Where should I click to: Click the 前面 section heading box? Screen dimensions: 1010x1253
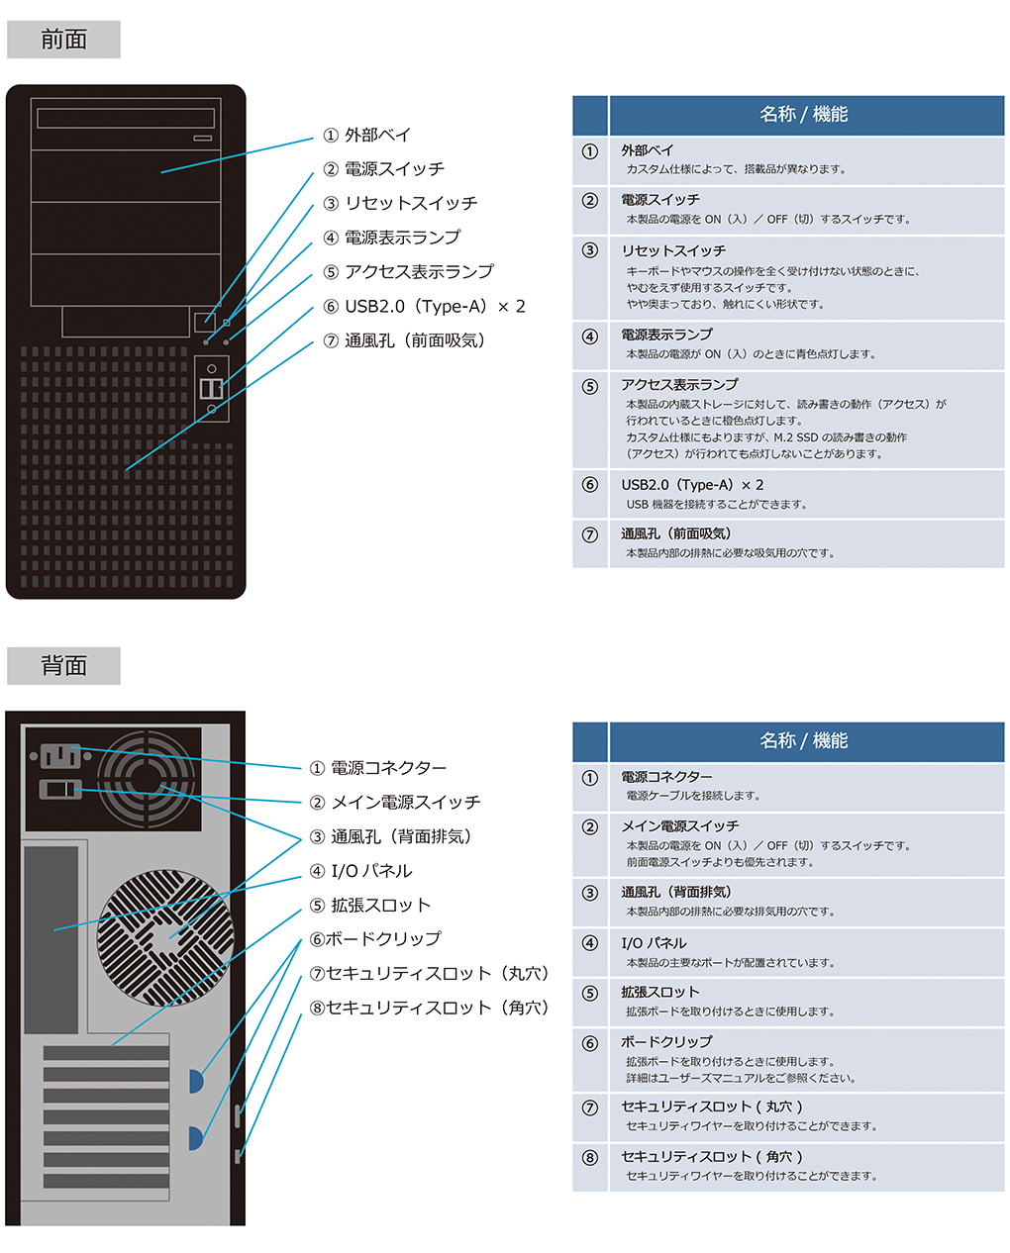point(63,40)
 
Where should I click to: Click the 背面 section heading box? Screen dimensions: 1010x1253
point(63,665)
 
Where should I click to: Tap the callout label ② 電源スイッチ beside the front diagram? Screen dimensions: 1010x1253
point(384,169)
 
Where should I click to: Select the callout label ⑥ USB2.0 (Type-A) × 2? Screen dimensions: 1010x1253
point(424,306)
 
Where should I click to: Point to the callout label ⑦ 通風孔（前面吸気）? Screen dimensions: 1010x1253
point(404,340)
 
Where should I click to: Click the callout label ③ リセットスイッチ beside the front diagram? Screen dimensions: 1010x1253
point(400,203)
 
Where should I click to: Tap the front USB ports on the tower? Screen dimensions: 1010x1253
point(211,388)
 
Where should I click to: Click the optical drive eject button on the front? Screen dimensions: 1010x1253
point(203,138)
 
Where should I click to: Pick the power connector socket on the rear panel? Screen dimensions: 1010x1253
point(60,756)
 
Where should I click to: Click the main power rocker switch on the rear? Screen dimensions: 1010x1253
point(60,790)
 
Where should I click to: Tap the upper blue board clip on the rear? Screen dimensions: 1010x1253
point(196,1081)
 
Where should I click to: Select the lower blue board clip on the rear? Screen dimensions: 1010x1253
point(196,1138)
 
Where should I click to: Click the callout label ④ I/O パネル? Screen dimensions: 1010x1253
point(360,871)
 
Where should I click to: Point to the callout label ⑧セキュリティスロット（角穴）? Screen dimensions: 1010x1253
point(430,1008)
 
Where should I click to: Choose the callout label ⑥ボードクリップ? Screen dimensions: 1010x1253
point(375,939)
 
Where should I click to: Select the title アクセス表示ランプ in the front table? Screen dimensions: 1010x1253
point(679,384)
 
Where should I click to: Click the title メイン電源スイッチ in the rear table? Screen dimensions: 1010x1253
point(679,825)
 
